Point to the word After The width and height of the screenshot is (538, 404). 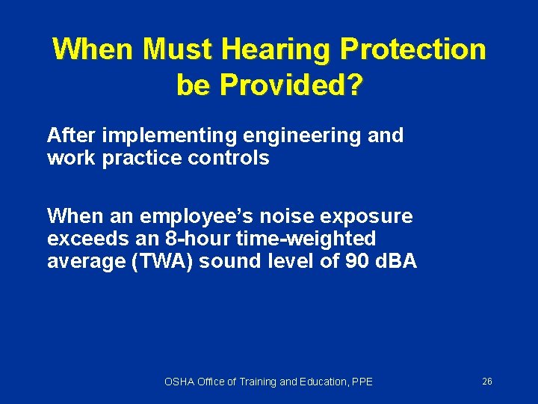(x=71, y=135)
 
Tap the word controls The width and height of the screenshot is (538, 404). (x=233, y=159)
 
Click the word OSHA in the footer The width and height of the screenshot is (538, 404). (x=178, y=382)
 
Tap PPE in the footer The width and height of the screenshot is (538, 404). (x=362, y=382)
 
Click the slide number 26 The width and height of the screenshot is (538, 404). (x=487, y=382)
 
